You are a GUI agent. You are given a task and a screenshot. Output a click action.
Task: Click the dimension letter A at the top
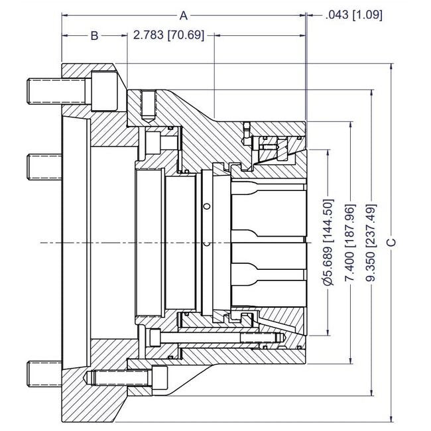point(184,14)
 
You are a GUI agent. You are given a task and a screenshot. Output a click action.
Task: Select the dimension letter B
point(94,36)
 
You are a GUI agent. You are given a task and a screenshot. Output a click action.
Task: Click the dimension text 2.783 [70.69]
point(169,35)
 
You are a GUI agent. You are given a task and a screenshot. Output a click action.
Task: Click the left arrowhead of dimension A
point(65,14)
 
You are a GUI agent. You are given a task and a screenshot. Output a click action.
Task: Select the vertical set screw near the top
point(149,105)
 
